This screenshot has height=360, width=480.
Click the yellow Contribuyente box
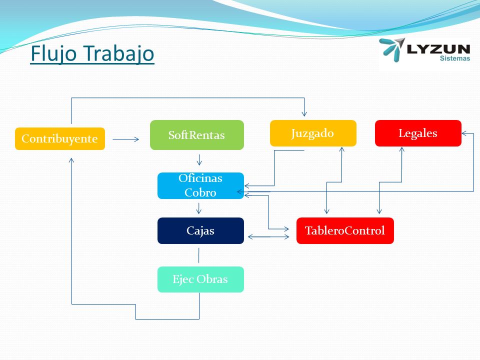click(60, 138)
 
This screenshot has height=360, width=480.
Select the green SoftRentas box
click(197, 135)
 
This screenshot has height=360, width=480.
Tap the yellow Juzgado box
click(313, 133)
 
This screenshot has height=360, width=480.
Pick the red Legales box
click(418, 133)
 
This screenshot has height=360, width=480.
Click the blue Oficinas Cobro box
click(200, 185)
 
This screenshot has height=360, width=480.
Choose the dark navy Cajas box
click(200, 230)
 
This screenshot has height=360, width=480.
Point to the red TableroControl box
click(345, 230)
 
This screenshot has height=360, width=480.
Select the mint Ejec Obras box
click(200, 279)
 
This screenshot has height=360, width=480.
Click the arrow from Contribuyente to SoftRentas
click(126, 139)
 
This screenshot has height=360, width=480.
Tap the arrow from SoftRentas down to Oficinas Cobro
click(199, 160)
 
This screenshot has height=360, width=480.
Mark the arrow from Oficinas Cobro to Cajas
click(199, 208)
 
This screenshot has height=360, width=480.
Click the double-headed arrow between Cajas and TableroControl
click(268, 236)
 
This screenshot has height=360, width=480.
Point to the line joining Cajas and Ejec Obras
click(199, 255)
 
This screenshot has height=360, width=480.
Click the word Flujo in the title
click(53, 53)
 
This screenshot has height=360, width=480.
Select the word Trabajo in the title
click(119, 53)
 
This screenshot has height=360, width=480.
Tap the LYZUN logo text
click(438, 49)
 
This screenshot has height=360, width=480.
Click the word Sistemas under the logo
click(455, 58)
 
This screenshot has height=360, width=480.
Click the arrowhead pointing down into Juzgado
click(304, 114)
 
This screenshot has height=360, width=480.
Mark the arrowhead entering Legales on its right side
click(464, 133)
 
